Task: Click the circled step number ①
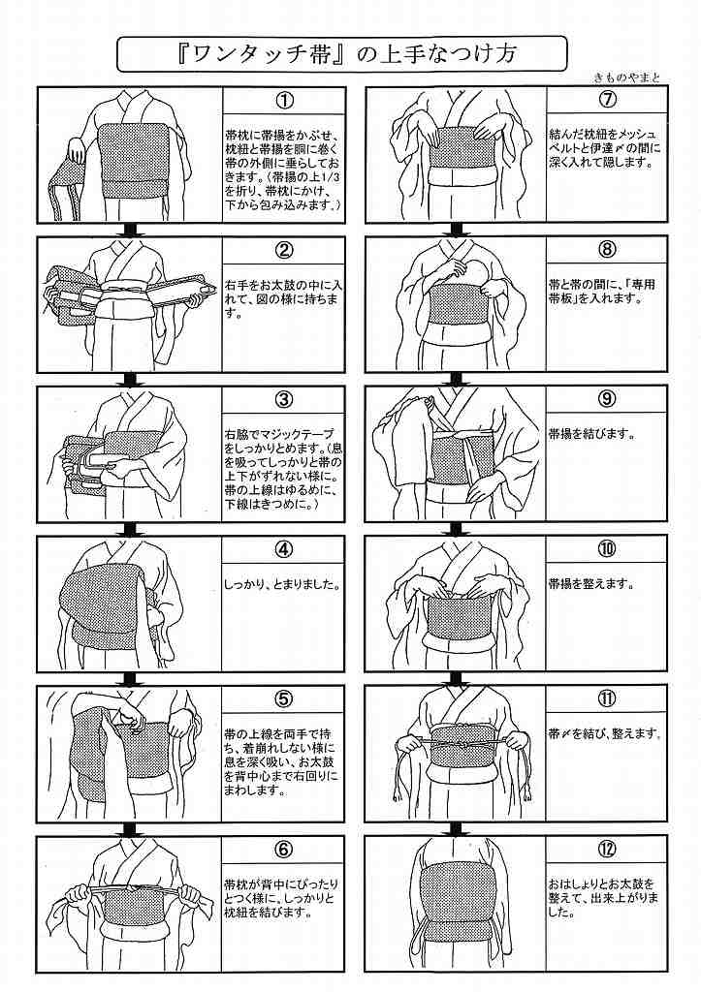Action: pyautogui.click(x=284, y=101)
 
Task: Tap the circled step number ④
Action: pyautogui.click(x=284, y=549)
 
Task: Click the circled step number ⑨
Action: pyautogui.click(x=608, y=399)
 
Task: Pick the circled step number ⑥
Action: pyautogui.click(x=284, y=850)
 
